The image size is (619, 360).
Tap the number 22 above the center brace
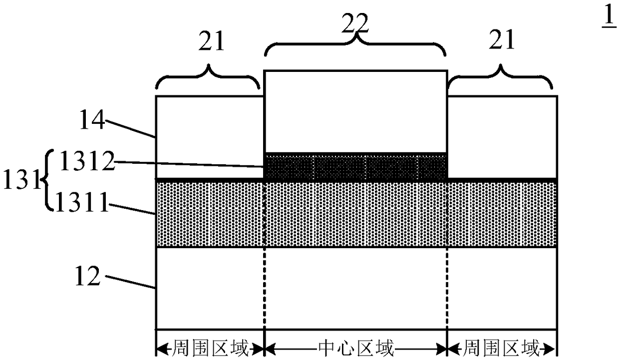(355, 24)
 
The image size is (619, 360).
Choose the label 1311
(82, 202)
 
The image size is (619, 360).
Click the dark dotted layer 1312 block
(355, 167)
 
